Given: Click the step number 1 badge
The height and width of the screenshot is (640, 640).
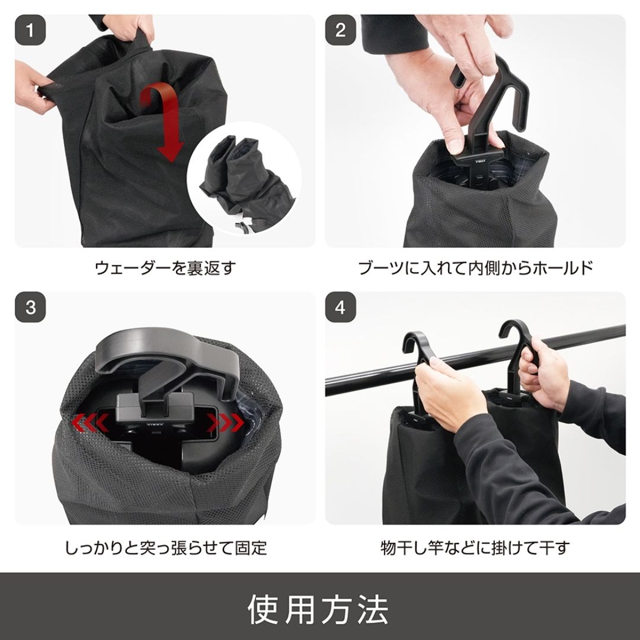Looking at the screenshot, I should pos(30,30).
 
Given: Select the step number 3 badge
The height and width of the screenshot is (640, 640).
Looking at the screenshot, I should pos(30,308).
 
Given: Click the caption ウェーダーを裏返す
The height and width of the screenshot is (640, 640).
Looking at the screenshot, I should pos(165,268).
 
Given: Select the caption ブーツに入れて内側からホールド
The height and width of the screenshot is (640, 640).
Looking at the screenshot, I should pos(475,268).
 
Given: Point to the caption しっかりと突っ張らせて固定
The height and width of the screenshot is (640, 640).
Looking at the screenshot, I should pos(165,546).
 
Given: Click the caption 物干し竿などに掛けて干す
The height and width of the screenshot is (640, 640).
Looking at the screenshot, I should pos(475,546).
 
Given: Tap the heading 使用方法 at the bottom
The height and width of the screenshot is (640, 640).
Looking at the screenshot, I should pos(319,607).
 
